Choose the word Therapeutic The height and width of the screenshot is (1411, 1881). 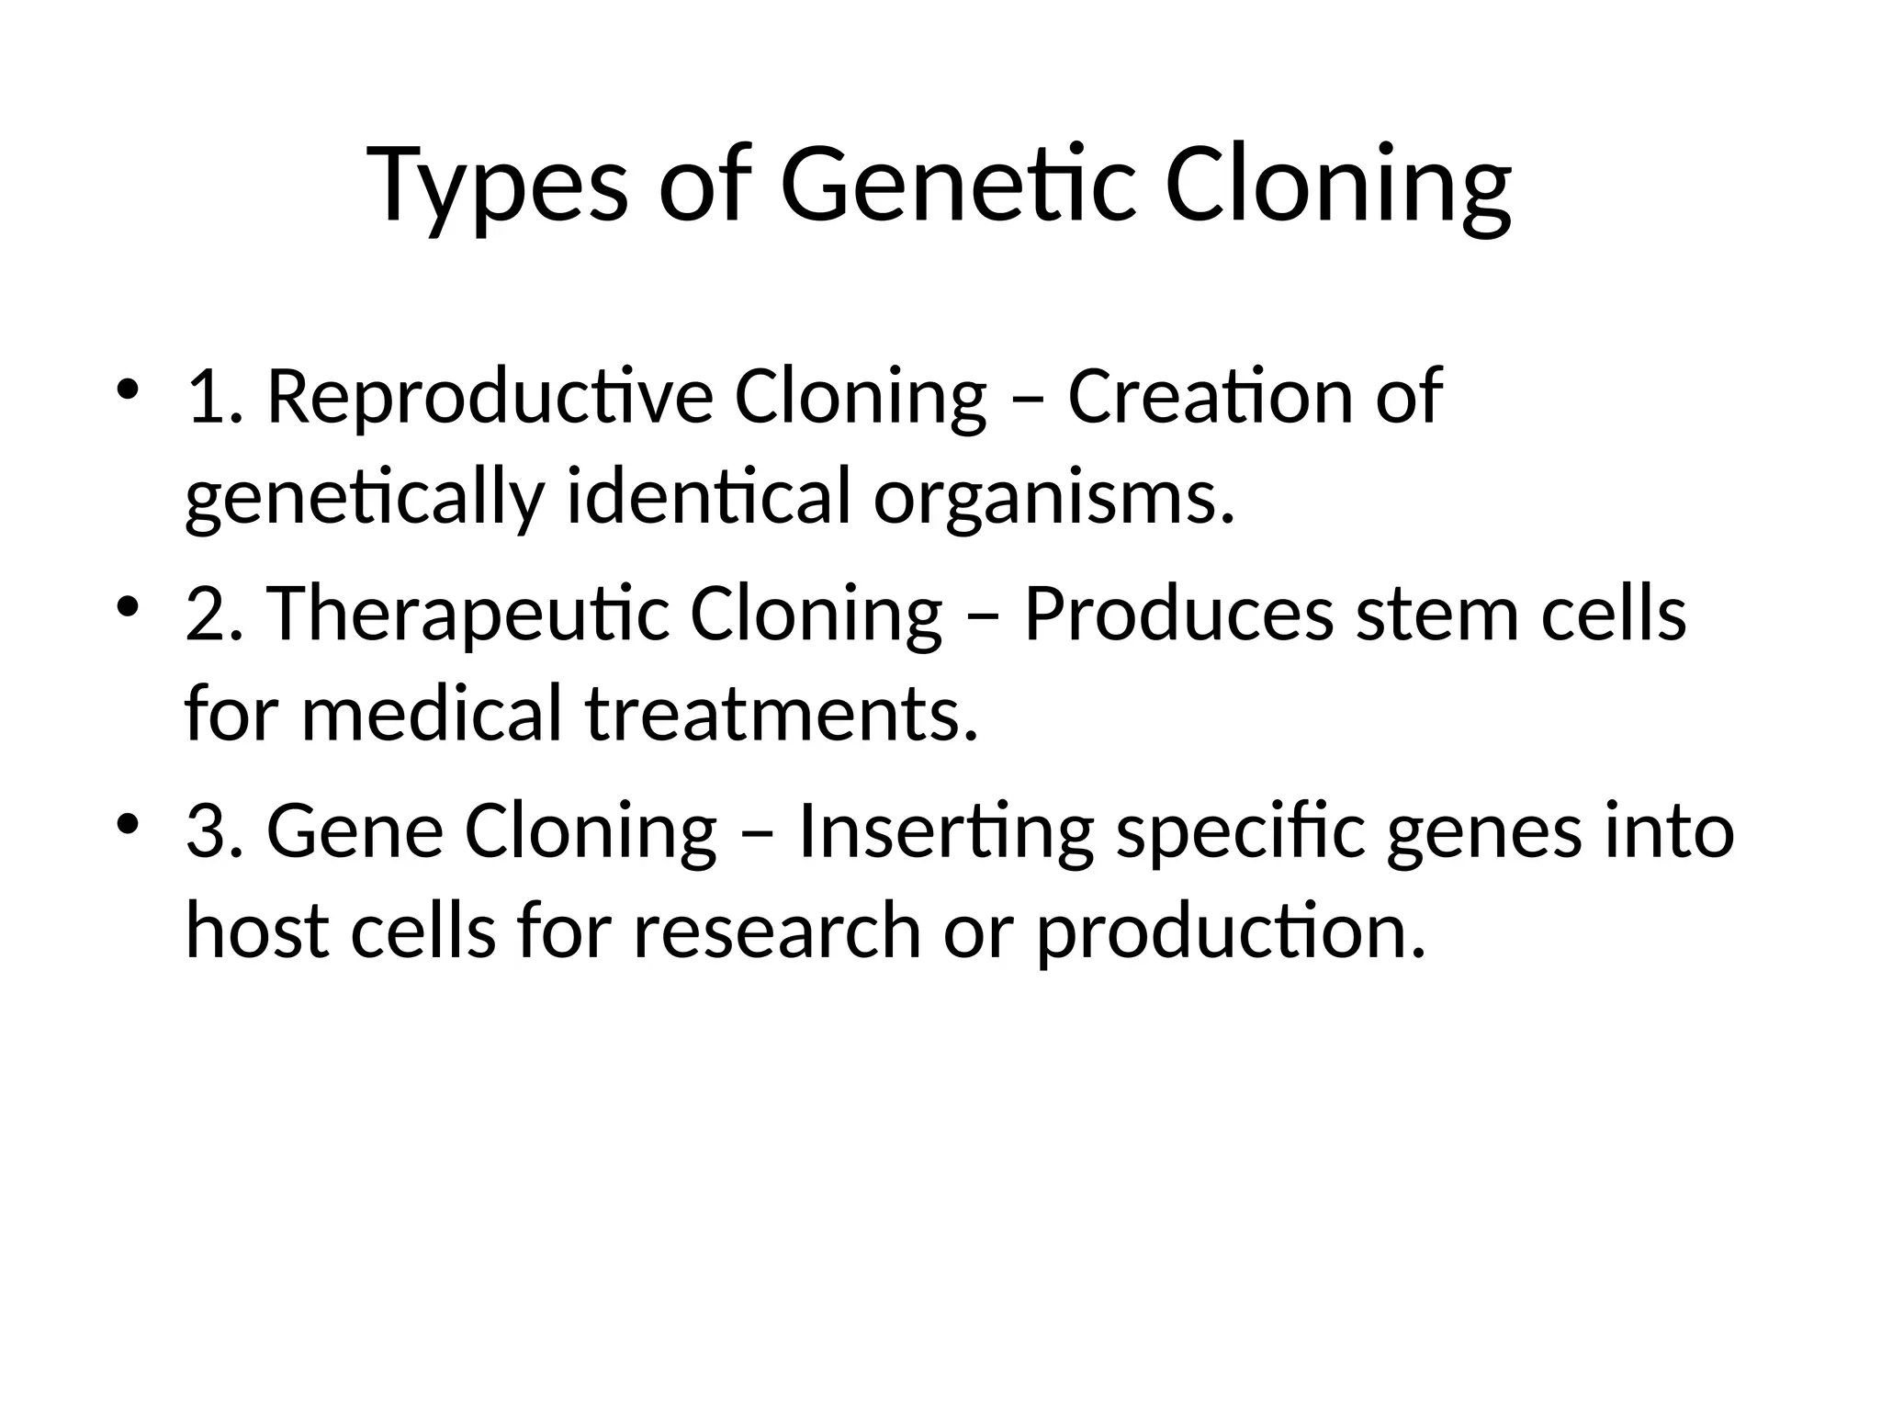[468, 614]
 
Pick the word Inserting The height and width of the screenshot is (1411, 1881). [946, 831]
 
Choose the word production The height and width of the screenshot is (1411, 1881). [1231, 932]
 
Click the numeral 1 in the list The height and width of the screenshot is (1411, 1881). [203, 397]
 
